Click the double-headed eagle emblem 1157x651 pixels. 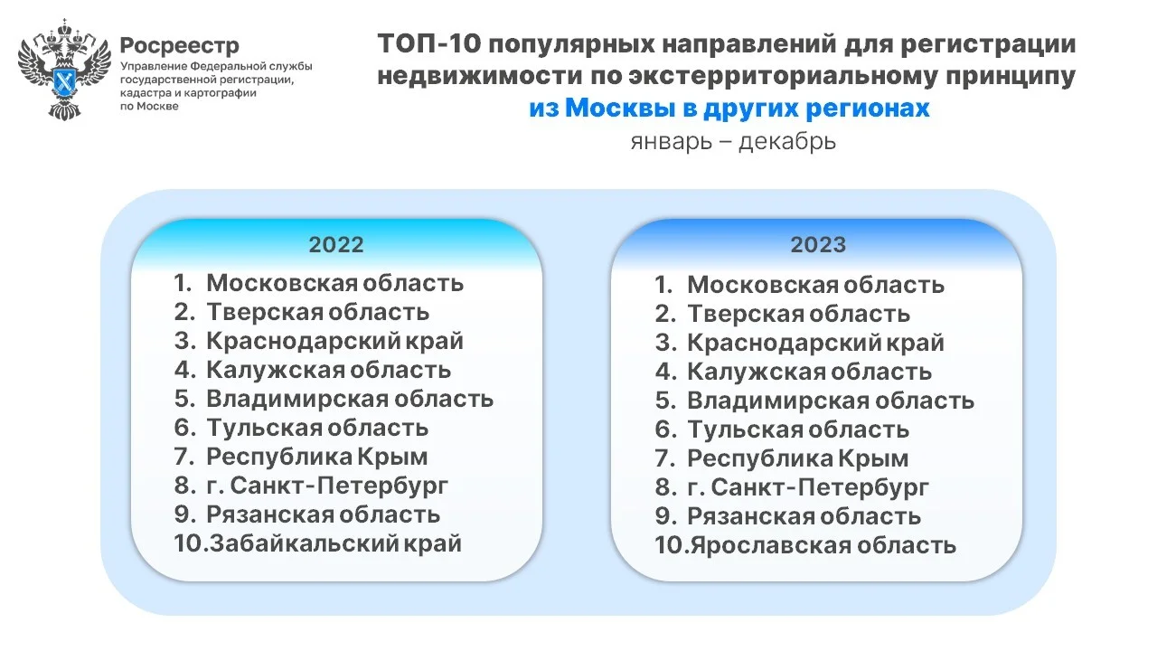[64, 70]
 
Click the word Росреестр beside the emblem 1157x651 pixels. [180, 45]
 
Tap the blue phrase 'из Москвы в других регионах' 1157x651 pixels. [729, 108]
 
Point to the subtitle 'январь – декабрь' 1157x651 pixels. [733, 141]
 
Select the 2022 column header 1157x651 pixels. [336, 244]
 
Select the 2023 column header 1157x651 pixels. [818, 244]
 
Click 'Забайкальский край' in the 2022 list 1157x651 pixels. [335, 543]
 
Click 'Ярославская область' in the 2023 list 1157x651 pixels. [823, 545]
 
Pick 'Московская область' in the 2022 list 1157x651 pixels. [335, 283]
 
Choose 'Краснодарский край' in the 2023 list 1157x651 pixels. [815, 343]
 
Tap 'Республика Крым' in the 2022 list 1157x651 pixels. [317, 457]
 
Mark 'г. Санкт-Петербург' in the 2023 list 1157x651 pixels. [808, 487]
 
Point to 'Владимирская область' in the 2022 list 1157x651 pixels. [350, 399]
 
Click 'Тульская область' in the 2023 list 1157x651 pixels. [798, 429]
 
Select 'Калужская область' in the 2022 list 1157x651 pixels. [329, 370]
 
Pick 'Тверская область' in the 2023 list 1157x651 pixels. [798, 314]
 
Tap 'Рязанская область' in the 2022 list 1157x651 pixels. [324, 514]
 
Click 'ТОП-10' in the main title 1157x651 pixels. [429, 43]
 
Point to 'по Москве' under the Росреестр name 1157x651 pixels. [149, 107]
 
